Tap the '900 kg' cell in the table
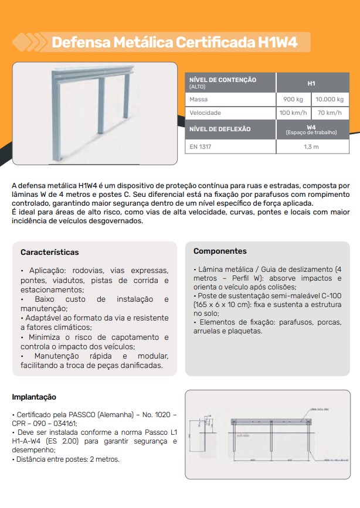coord(293,100)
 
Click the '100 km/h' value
coord(293,112)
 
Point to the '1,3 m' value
coord(311,146)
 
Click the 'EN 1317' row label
coord(200,146)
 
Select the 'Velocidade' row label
coord(205,112)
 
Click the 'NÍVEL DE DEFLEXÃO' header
coord(220,129)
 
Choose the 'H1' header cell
coord(311,83)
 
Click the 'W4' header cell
coord(311,127)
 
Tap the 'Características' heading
coord(49,253)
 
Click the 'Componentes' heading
coord(220,251)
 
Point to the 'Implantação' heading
coord(34,397)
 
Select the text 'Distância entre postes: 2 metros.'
coord(66,459)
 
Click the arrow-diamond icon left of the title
coord(28,42)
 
